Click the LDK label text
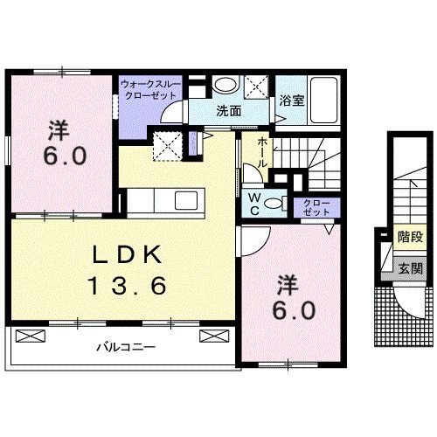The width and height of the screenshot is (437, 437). click(127, 254)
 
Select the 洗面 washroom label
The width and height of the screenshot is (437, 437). click(229, 111)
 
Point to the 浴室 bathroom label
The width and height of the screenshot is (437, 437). click(291, 101)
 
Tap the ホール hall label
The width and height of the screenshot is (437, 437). click(262, 155)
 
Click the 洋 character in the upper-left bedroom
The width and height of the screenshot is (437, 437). click(59, 131)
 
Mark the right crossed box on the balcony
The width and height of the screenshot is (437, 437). click(212, 334)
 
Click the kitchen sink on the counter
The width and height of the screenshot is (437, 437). click(187, 198)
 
